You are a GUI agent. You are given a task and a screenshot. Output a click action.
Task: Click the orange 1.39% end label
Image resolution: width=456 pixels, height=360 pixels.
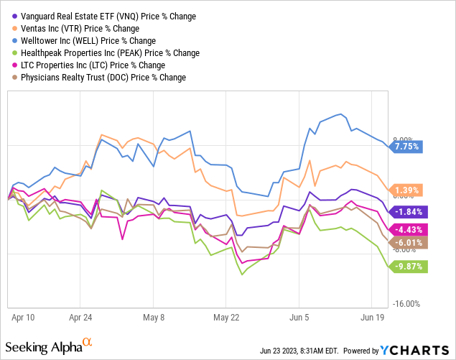coord(408,190)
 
